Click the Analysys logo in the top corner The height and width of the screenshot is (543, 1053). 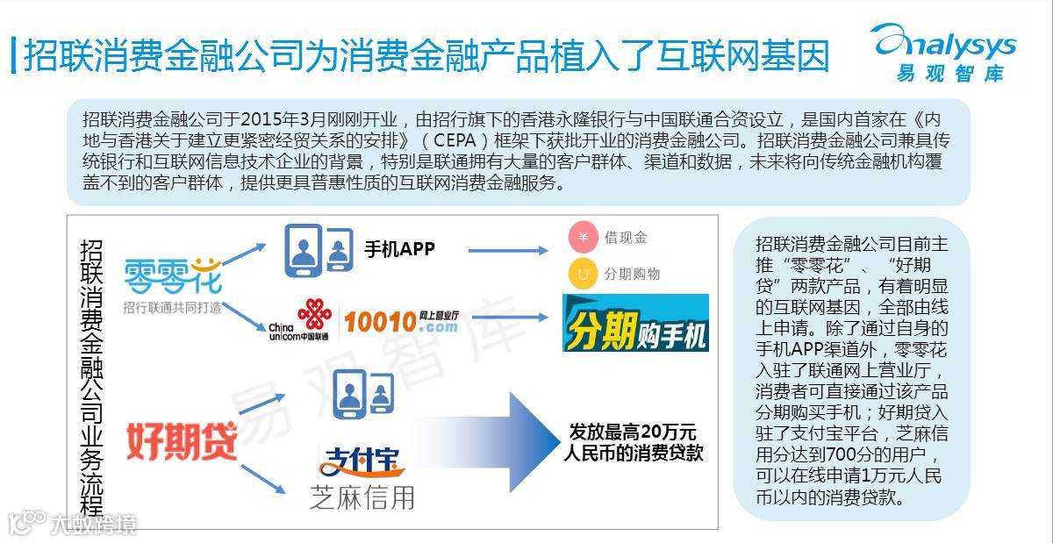(942, 51)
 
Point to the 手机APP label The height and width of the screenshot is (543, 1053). (399, 248)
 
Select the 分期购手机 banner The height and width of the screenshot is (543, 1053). (635, 323)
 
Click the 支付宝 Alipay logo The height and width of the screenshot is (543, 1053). (362, 461)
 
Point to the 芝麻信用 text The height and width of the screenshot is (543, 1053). (362, 497)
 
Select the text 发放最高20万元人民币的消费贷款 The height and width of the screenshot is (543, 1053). (633, 442)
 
